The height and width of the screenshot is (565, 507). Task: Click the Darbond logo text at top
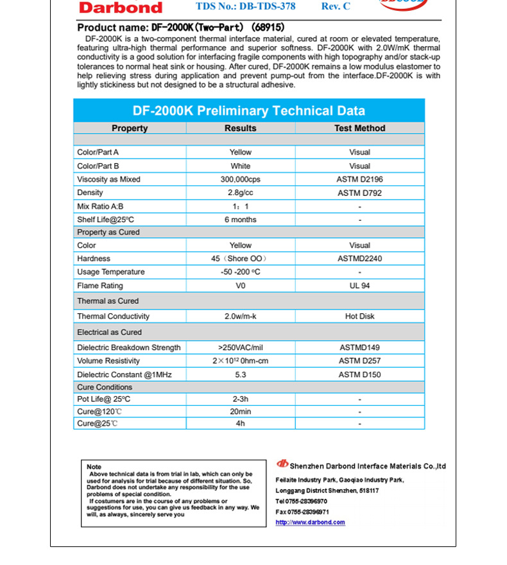[121, 8]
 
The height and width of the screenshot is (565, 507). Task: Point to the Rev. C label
[336, 6]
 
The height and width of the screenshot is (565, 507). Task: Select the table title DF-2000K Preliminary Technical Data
[249, 110]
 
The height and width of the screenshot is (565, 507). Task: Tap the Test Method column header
[359, 128]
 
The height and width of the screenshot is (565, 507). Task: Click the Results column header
[241, 128]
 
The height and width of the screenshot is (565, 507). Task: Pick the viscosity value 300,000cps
[241, 180]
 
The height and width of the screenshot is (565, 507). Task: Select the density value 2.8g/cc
[241, 193]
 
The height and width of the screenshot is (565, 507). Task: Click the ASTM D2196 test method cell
[359, 180]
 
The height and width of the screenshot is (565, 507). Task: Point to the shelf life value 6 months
[241, 220]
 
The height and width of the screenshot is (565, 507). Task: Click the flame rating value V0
[241, 286]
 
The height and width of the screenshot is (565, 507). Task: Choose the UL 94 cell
[359, 286]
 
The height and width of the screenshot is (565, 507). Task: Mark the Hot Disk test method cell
[359, 317]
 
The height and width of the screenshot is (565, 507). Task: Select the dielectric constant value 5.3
[241, 374]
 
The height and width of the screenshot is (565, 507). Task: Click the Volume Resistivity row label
[108, 361]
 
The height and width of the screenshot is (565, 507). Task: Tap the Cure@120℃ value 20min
[241, 412]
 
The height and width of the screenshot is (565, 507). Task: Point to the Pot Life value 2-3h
[241, 399]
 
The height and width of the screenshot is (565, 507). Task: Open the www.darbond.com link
[310, 523]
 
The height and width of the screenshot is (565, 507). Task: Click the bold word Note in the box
[94, 467]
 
